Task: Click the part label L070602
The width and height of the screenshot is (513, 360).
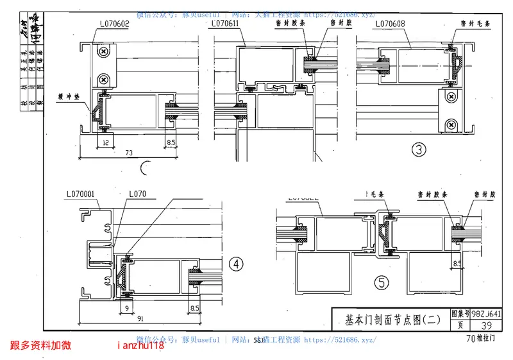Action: (x=115, y=24)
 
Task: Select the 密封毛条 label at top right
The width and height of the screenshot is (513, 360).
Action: (x=475, y=23)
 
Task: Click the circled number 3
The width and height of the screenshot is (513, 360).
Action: (x=419, y=151)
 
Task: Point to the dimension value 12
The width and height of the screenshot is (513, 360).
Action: (x=105, y=141)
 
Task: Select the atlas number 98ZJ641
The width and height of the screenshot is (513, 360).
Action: (x=485, y=314)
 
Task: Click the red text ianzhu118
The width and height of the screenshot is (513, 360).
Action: (x=141, y=345)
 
